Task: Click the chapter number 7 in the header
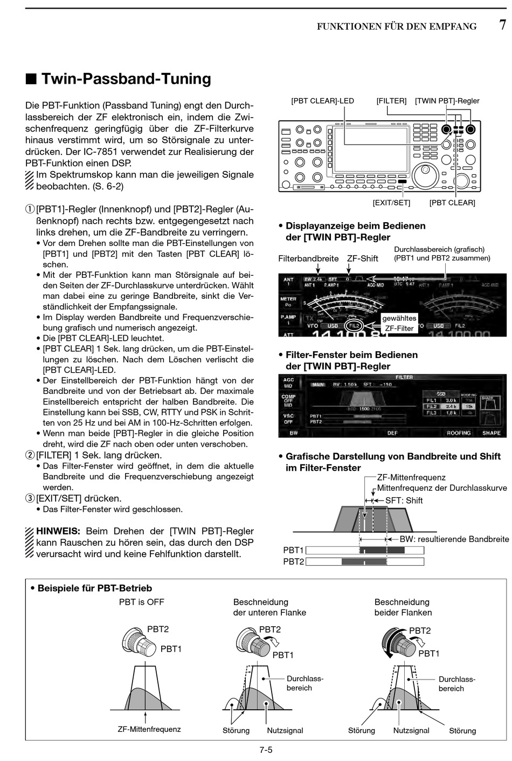coord(502,25)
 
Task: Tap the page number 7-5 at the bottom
coord(266,749)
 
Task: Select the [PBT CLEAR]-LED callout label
coord(322,101)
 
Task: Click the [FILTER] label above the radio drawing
coord(391,101)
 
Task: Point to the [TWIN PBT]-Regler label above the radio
coord(447,101)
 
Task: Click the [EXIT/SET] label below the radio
coord(391,203)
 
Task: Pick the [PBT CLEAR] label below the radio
coord(452,203)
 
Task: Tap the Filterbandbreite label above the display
coord(308,258)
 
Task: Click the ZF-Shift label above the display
coord(362,258)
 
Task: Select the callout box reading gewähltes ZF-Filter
coord(399,323)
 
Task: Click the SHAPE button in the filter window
coord(491,433)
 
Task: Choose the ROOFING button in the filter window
coord(459,433)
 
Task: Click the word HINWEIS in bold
coord(58,531)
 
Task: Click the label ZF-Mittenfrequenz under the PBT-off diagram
coord(149,729)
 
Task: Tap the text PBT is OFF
coord(141,602)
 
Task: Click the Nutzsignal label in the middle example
coord(285,730)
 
